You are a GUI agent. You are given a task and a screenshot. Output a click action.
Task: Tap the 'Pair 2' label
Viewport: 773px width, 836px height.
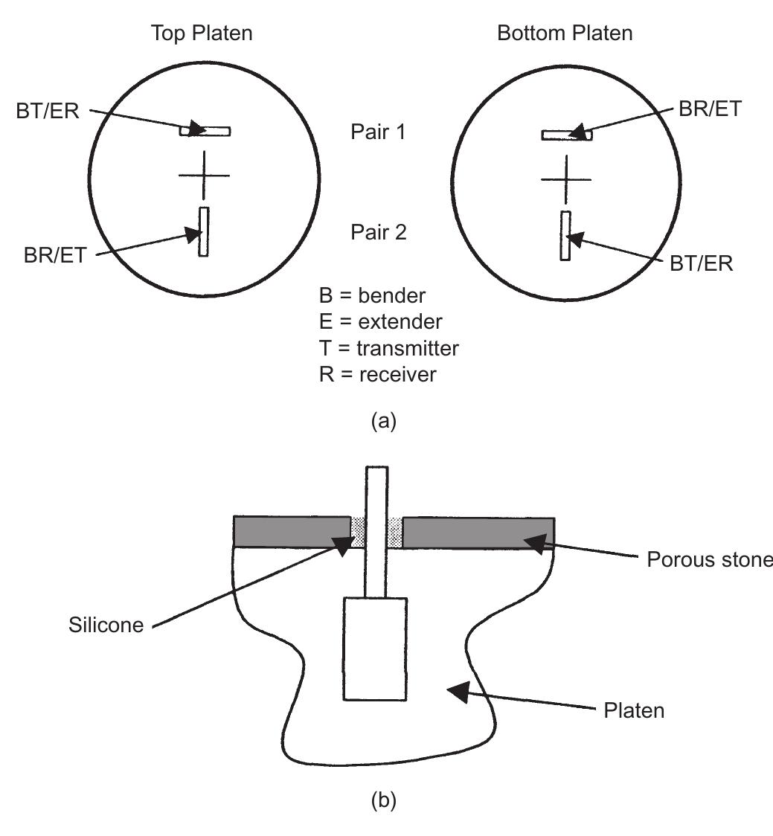[379, 233]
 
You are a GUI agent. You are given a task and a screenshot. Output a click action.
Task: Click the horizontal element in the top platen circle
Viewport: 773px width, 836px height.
[205, 132]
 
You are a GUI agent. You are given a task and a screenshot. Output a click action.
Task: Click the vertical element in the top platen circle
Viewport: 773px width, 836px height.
[203, 232]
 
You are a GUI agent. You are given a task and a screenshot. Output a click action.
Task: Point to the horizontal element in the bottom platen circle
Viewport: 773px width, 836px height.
[566, 135]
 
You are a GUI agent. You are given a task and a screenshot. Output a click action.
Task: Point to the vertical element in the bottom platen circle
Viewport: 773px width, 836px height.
[565, 236]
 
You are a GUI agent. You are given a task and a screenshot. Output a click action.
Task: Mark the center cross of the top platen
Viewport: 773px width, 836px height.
[204, 176]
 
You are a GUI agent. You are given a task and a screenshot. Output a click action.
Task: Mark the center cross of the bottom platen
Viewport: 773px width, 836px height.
[566, 179]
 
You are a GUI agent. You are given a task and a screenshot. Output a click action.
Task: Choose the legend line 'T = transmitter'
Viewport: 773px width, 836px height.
[389, 347]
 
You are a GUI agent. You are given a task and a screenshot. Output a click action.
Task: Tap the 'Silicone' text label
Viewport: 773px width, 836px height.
[106, 624]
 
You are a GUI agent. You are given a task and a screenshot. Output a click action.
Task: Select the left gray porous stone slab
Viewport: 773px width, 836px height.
[291, 532]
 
